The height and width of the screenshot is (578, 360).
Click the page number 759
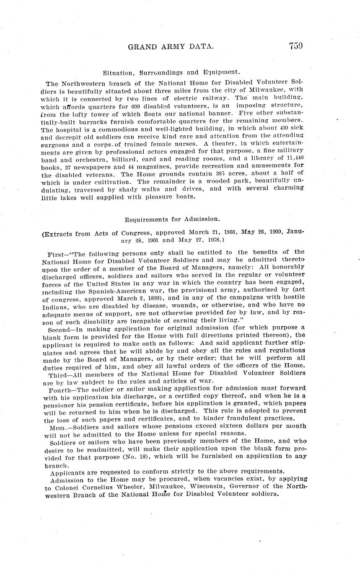point(295,46)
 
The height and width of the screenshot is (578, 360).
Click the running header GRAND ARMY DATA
point(171,47)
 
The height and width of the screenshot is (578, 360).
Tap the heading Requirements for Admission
point(172,219)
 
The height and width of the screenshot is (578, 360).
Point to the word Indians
point(56,305)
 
